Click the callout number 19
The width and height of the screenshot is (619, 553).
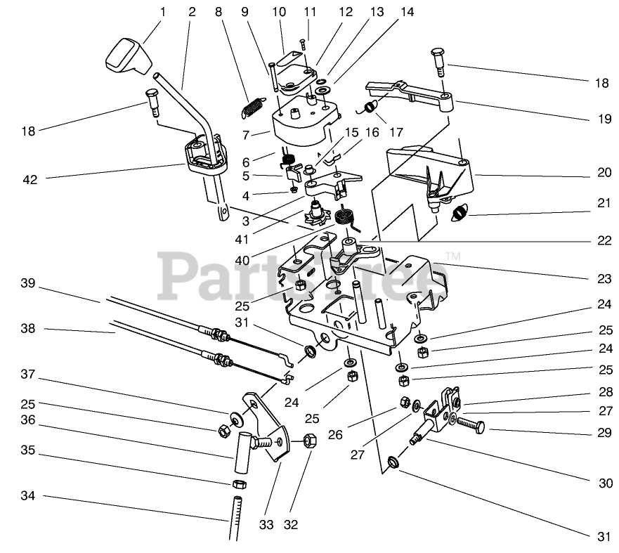604,119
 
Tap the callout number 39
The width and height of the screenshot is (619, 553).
27,283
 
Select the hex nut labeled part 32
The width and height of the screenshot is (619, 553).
310,441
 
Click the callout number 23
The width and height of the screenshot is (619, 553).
604,279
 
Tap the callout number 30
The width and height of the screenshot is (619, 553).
604,483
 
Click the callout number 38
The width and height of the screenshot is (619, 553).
27,328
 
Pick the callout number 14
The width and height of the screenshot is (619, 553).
407,12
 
